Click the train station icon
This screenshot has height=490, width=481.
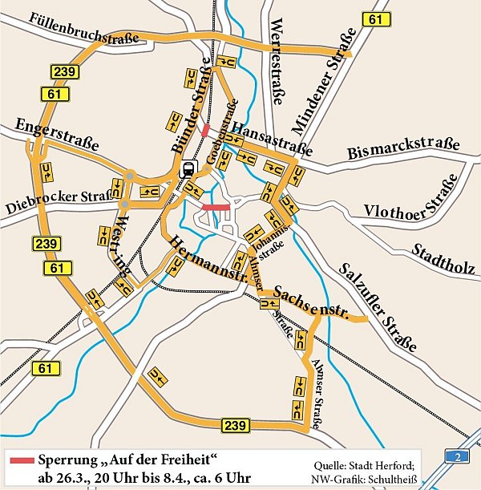pos(188,169)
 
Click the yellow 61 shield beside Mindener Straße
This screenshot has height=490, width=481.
pos(374,19)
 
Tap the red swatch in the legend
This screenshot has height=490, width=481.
pos(20,460)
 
